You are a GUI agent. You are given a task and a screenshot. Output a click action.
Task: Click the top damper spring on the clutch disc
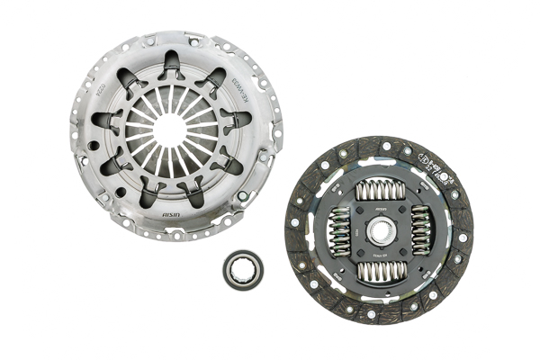(378, 191)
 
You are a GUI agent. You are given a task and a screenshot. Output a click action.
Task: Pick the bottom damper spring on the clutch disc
(379, 273)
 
